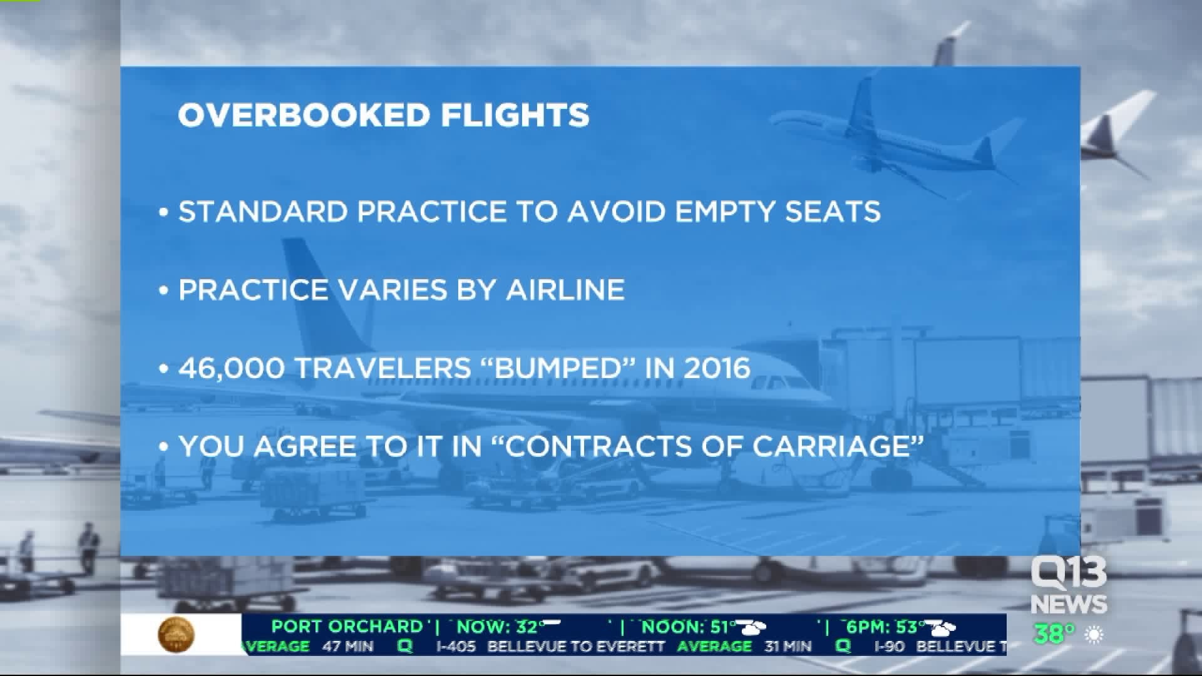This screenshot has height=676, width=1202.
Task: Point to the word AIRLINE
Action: (565, 290)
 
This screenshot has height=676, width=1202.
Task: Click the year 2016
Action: (717, 368)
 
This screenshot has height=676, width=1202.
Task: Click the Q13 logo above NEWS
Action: (1069, 573)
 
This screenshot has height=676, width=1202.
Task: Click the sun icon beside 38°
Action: (1094, 635)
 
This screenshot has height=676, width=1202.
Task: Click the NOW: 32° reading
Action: (498, 627)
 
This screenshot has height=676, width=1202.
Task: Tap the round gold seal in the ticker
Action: (176, 634)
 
